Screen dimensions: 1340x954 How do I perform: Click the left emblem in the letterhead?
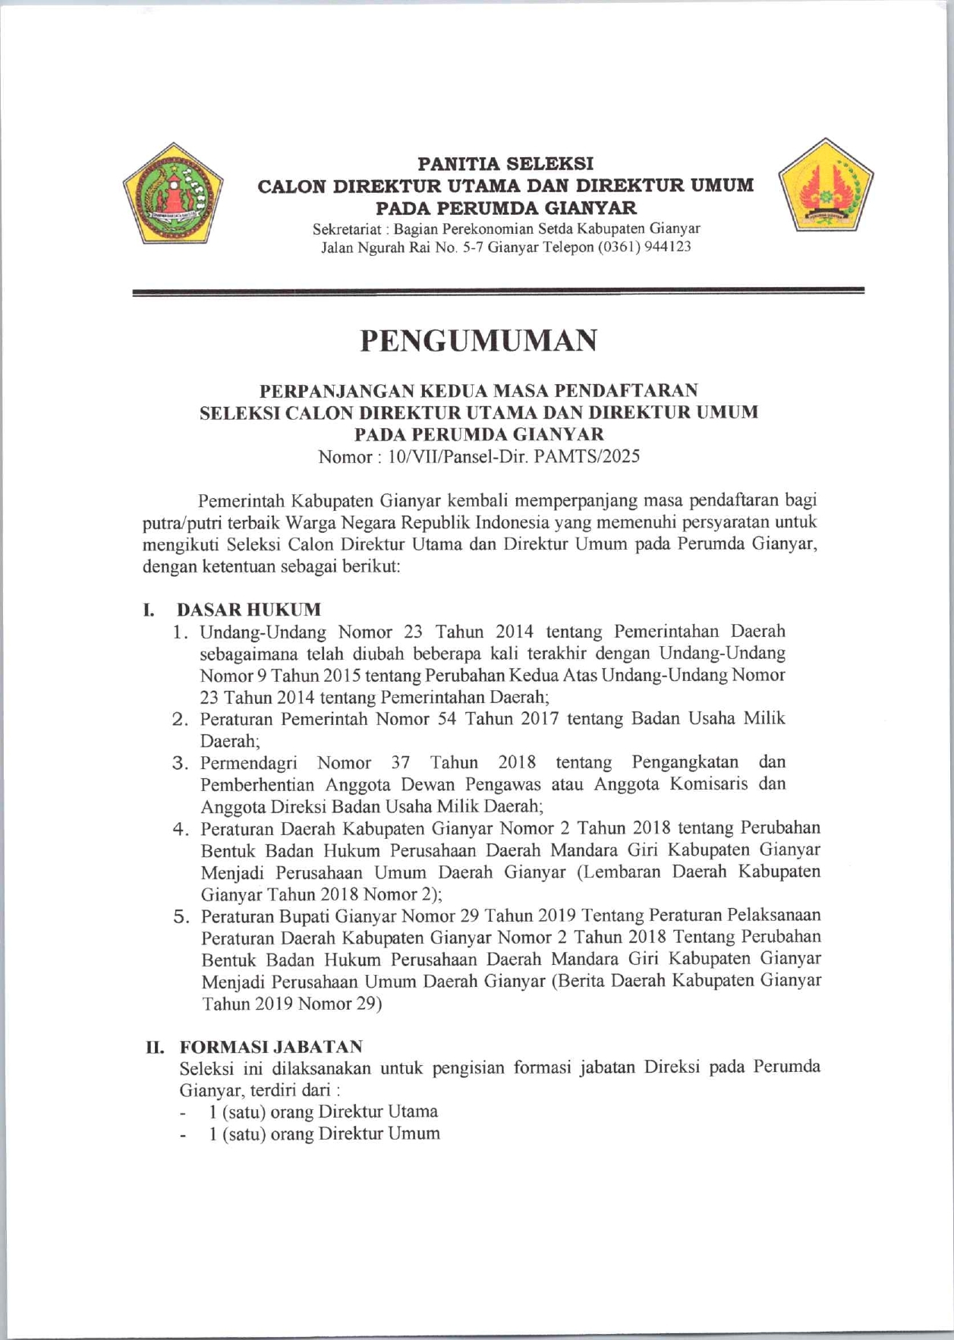tap(173, 193)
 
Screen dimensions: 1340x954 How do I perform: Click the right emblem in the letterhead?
tap(826, 188)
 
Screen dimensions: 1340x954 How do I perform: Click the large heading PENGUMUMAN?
tap(478, 342)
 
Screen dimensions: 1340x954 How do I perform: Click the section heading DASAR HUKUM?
tap(249, 610)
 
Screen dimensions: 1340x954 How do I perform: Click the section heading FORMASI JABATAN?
tap(271, 1047)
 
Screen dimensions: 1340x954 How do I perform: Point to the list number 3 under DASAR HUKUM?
tap(180, 763)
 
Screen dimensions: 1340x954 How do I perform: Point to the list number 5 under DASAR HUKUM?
tap(181, 916)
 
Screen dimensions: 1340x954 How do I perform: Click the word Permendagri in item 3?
tap(248, 763)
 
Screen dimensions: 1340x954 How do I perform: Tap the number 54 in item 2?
tap(446, 719)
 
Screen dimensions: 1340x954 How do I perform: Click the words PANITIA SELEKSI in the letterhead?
tap(506, 163)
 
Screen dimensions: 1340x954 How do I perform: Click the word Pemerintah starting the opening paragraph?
tap(241, 501)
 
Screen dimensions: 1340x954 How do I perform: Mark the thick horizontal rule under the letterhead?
tap(499, 292)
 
